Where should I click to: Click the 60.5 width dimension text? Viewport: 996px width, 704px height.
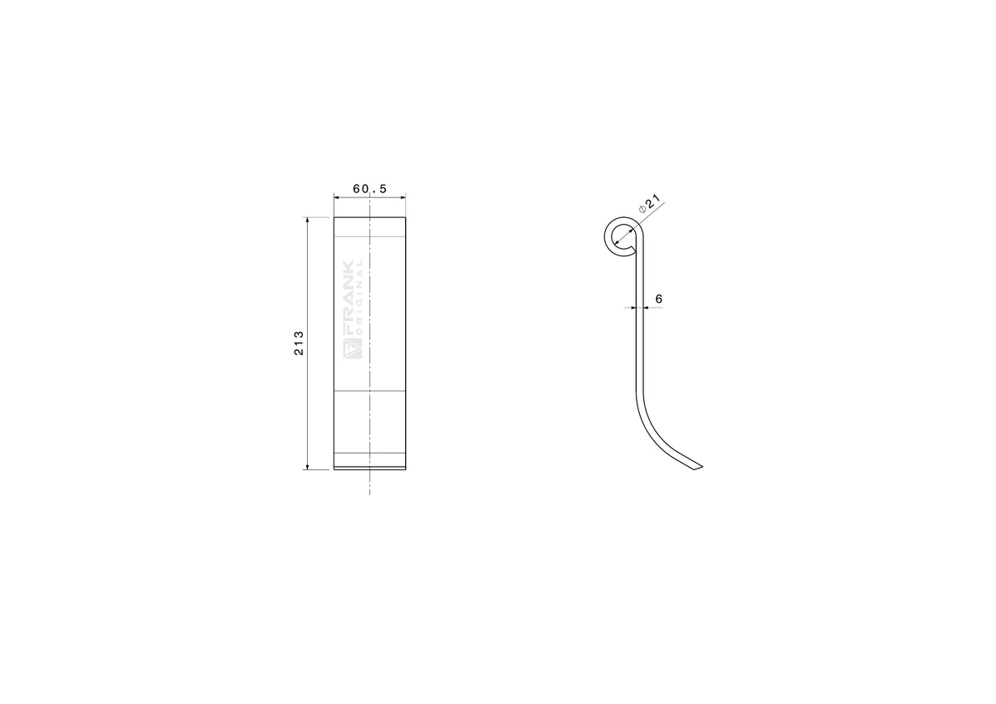(x=369, y=189)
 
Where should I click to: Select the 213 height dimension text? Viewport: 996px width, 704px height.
(x=299, y=343)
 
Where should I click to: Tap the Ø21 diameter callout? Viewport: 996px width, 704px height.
(x=650, y=203)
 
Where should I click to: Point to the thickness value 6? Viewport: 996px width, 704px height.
(x=658, y=299)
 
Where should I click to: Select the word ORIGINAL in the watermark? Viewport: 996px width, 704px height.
(x=359, y=297)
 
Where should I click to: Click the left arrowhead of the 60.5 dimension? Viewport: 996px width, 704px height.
(x=337, y=198)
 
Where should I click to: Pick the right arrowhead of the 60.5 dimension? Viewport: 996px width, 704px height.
(x=403, y=198)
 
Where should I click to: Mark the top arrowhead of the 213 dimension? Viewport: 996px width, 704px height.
(x=307, y=221)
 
